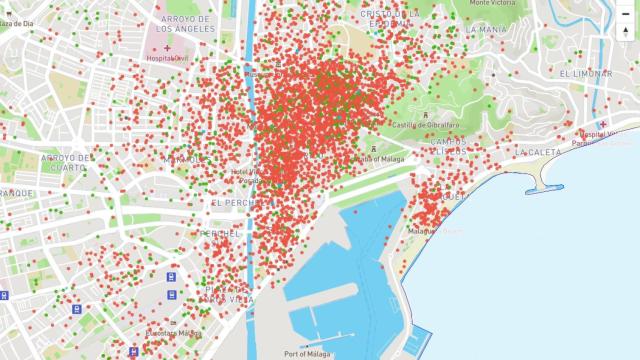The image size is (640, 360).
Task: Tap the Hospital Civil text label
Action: click(x=168, y=58)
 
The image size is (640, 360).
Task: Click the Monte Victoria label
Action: click(x=493, y=3)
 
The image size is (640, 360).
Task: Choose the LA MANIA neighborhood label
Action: click(x=486, y=30)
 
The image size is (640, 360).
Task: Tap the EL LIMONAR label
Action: click(x=586, y=74)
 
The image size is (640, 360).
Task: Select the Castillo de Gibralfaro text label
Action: click(x=424, y=125)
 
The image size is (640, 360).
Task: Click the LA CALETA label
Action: click(x=538, y=152)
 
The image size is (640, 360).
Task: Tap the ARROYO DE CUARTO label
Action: click(x=66, y=162)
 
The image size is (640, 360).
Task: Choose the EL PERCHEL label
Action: click(x=236, y=203)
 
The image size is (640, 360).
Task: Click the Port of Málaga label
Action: click(x=307, y=354)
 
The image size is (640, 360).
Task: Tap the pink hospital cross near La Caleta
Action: click(x=603, y=123)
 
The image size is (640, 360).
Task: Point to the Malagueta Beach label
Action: click(x=436, y=231)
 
